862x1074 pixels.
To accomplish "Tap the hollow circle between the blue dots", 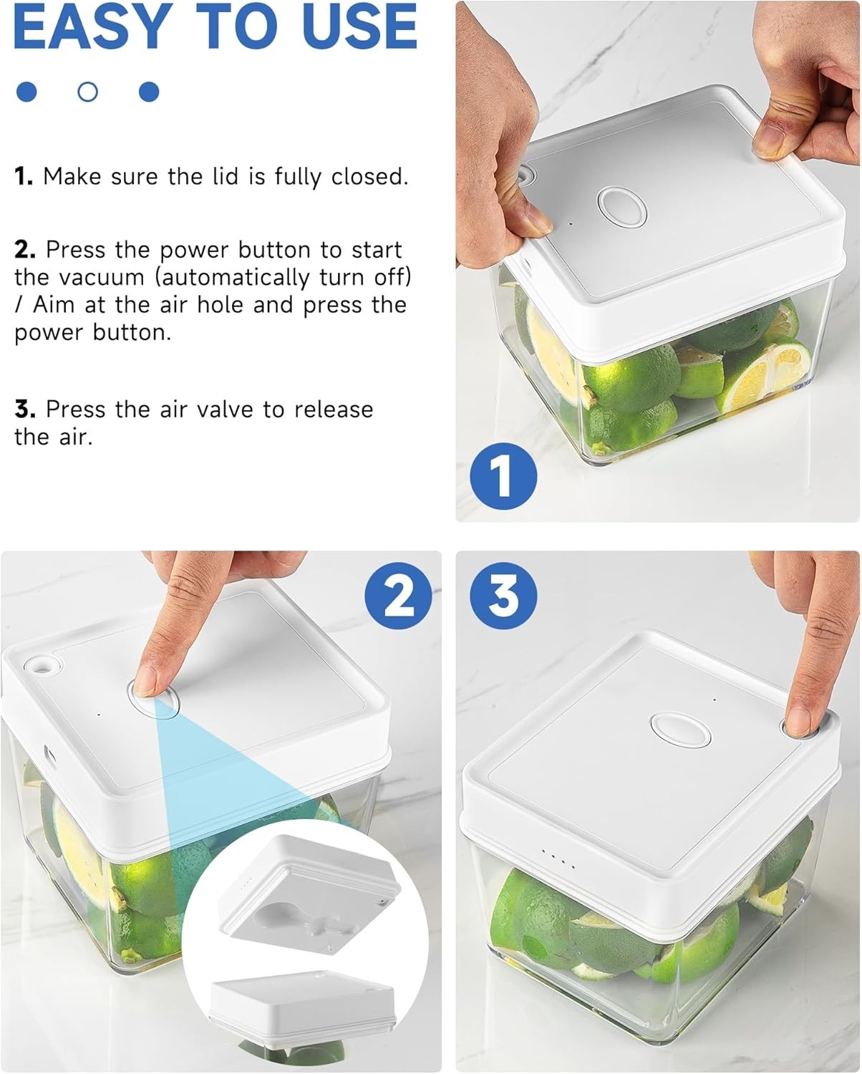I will pyautogui.click(x=87, y=92).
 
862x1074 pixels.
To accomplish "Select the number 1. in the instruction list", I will pyautogui.click(x=24, y=176).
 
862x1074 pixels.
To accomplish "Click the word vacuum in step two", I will pyautogui.click(x=101, y=277).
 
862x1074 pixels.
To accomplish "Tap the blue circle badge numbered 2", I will pyautogui.click(x=398, y=596).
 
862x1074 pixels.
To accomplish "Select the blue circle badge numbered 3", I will pyautogui.click(x=503, y=596).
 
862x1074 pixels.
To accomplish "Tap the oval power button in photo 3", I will pyautogui.click(x=680, y=730).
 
